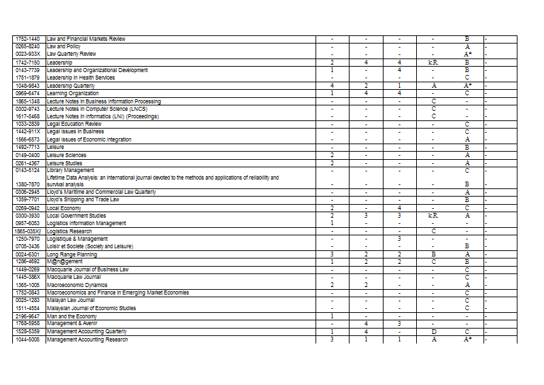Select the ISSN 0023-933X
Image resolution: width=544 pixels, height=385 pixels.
coord(28,54)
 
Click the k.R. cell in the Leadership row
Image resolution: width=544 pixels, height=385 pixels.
coord(433,63)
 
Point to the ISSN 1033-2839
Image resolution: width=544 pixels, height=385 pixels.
coord(28,124)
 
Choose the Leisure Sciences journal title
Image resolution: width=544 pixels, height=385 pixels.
coord(67,155)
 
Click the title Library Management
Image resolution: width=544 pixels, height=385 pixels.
coord(71,170)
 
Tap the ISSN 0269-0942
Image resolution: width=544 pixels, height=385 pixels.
coord(28,208)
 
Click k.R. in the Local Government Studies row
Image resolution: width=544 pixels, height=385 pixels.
coord(433,216)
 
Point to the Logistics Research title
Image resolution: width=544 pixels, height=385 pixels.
coord(69,231)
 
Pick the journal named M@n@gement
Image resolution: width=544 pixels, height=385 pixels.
coord(63,262)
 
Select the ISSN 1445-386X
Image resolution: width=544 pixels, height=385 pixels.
coord(28,277)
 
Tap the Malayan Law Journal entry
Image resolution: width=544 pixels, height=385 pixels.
coord(71,300)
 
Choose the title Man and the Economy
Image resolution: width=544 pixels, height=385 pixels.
coord(72,316)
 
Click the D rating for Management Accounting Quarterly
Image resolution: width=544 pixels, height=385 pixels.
coord(433,332)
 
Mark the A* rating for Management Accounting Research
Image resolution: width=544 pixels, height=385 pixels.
coord(467,339)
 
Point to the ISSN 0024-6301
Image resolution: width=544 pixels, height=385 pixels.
coord(28,254)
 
